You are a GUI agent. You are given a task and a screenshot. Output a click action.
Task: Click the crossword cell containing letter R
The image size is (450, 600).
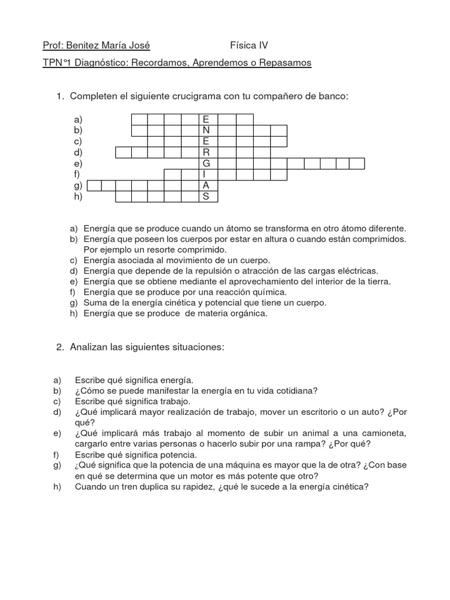[206, 152]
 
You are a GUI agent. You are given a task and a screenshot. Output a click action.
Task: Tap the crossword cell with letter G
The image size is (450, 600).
[206, 163]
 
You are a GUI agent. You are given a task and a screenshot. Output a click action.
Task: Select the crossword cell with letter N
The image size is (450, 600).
[206, 130]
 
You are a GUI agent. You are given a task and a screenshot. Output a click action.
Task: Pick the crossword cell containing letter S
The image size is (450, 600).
[206, 197]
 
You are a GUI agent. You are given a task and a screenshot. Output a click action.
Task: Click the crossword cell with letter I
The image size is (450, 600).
[206, 175]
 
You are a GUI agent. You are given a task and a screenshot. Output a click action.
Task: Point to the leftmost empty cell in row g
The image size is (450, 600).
[94, 186]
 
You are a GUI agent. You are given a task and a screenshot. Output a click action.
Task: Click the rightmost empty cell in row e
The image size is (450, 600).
[357, 163]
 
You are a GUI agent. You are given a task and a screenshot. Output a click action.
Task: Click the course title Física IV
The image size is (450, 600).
[248, 46]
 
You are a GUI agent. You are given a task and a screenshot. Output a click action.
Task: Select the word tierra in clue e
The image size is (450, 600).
[378, 281]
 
